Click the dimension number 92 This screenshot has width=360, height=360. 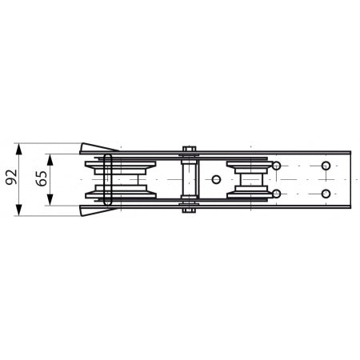click(11, 177)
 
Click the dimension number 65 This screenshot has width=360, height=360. click(42, 178)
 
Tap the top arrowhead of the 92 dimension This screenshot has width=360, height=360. click(18, 149)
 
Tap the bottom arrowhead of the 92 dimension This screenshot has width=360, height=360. click(18, 210)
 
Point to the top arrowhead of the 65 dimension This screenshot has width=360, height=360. click(50, 159)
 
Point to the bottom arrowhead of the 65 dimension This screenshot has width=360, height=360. click(50, 200)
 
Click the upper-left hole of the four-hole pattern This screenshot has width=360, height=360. click(277, 166)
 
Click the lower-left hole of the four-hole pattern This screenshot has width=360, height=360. click(277, 194)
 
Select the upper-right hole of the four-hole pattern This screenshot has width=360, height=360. click(326, 166)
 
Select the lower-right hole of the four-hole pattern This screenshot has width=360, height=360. click(326, 194)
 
